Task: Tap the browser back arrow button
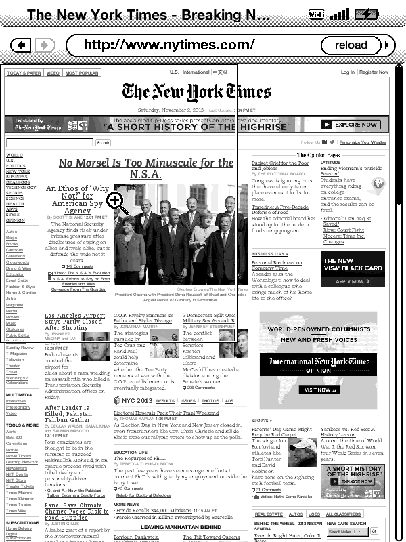click(21, 45)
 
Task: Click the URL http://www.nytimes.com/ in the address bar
click(169, 45)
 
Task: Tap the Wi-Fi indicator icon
click(317, 14)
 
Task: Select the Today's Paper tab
click(24, 73)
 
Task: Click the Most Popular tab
click(82, 73)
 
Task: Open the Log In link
click(348, 72)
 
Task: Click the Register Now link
click(374, 72)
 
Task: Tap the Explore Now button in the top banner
click(354, 125)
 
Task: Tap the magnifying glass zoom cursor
click(115, 201)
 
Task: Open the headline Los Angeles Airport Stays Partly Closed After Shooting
click(74, 322)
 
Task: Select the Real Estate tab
click(269, 514)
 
